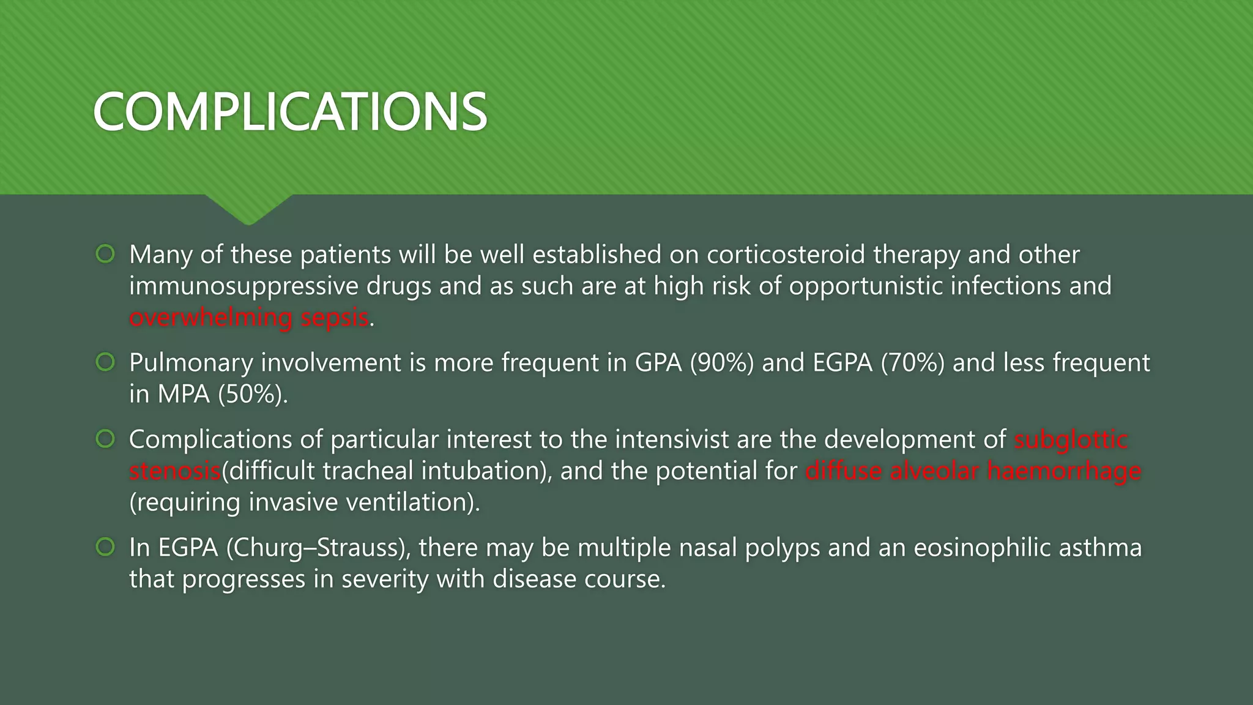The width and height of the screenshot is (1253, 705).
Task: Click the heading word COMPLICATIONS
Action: [x=290, y=112]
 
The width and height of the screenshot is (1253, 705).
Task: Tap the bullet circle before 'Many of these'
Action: [x=105, y=254]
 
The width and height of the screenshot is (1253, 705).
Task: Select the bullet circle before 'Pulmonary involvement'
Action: [x=105, y=362]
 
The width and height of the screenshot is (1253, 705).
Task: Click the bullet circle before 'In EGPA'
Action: [x=105, y=547]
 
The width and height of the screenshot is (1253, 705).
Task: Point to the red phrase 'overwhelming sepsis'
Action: [x=249, y=318]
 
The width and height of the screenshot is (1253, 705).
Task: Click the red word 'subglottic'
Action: [x=1071, y=439]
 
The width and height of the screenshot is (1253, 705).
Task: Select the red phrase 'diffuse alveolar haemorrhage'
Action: [x=973, y=471]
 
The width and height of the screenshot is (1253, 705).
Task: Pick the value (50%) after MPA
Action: [x=252, y=394]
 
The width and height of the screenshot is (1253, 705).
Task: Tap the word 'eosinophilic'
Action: [x=983, y=548]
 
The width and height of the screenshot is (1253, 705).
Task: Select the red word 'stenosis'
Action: [x=175, y=471]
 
